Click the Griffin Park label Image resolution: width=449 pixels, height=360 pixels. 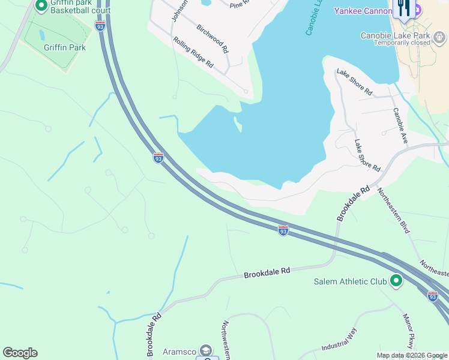(x=64, y=47)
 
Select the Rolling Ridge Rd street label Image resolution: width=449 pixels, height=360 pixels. (x=193, y=52)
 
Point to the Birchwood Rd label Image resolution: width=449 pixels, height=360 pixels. (x=212, y=39)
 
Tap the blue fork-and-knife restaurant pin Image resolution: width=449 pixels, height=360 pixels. (x=403, y=8)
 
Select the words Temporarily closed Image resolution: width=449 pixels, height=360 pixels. (x=402, y=43)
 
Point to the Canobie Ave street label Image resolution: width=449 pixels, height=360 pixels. (x=400, y=125)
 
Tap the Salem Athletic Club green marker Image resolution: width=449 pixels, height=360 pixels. (x=396, y=281)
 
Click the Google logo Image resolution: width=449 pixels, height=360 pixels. (x=20, y=353)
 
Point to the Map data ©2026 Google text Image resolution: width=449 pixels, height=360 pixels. (x=412, y=355)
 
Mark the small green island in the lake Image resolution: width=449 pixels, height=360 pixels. (x=238, y=124)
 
